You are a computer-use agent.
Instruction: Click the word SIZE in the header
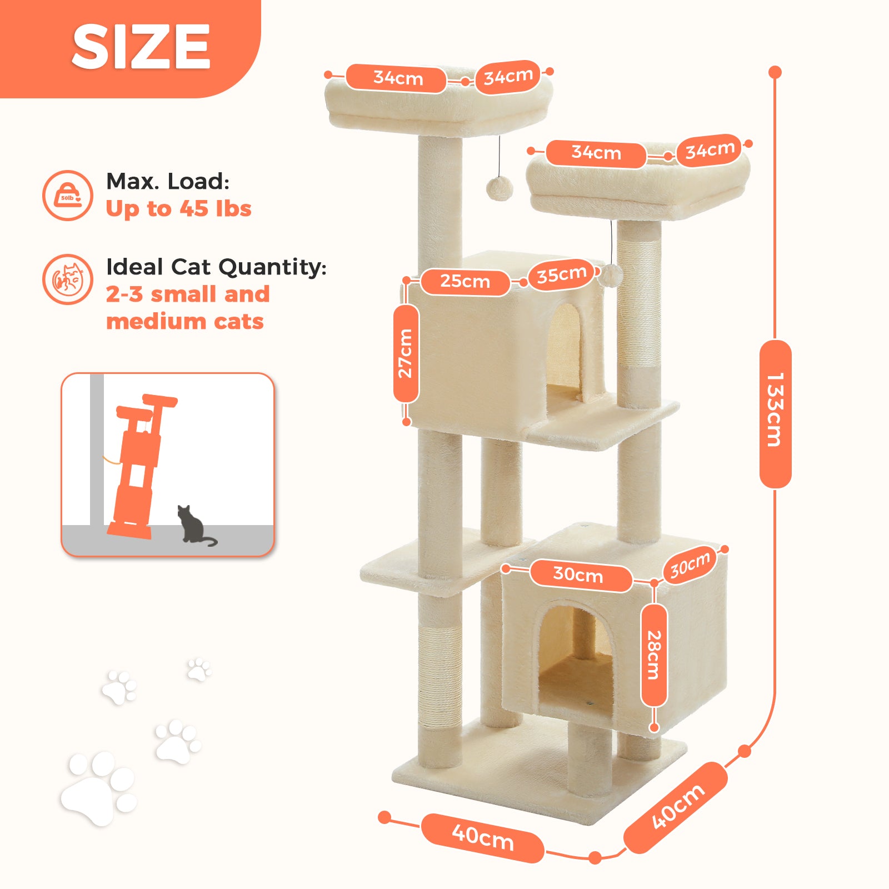141,47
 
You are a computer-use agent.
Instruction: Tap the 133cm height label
775,414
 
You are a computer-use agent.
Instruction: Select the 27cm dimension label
406,354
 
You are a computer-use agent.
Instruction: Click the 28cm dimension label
654,655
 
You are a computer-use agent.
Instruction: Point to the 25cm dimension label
465,282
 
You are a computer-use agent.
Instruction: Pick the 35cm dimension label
561,274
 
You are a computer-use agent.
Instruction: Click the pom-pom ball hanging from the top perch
500,188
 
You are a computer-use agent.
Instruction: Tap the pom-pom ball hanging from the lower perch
611,275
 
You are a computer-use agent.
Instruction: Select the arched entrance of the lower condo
575,658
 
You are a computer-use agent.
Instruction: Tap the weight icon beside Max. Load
68,196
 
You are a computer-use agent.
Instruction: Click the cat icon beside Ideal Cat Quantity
68,279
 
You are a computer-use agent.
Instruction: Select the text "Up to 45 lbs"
178,209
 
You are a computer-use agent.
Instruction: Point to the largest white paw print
98,788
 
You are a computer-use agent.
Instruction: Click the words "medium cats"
185,322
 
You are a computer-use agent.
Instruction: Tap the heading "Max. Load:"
168,181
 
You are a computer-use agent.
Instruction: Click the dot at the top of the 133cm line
775,72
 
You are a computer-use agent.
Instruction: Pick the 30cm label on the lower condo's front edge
578,574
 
